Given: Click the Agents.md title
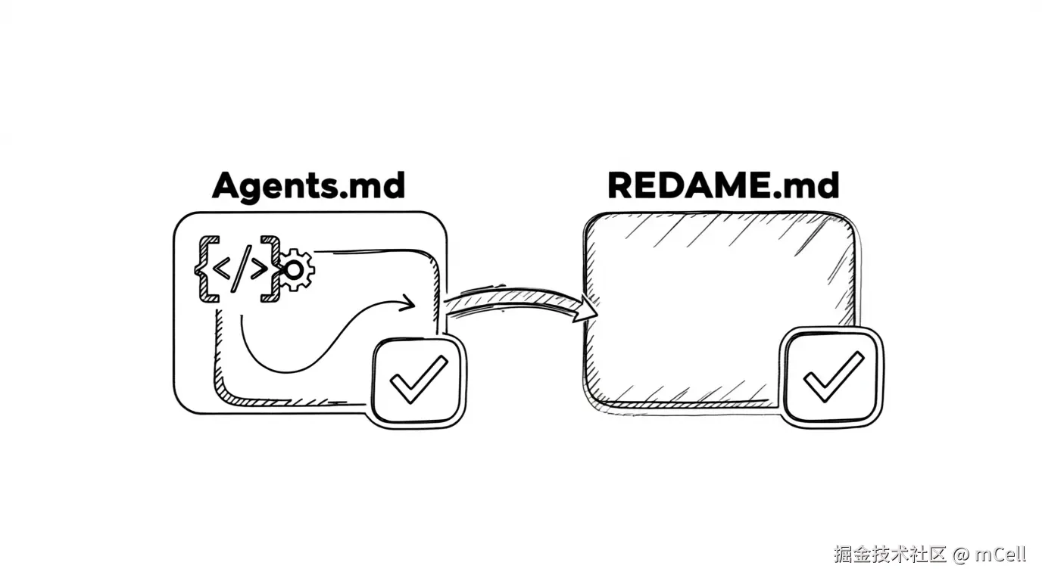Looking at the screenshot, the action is point(308,186).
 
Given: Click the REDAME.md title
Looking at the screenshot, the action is point(723,185).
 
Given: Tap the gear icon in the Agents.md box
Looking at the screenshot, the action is point(294,269).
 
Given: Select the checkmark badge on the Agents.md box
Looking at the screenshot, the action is point(419,381).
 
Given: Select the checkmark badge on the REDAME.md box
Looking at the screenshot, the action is point(831,377).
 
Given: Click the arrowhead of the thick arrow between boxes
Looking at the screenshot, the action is point(585,309).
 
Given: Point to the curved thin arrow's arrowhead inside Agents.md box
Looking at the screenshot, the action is point(407,303).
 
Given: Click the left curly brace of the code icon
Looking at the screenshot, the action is point(207,269).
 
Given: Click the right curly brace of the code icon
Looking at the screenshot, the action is point(270,269).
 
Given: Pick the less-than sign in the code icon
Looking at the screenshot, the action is point(221,269).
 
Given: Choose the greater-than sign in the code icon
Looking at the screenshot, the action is point(259,269).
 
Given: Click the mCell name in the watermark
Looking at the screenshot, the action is point(1000,554).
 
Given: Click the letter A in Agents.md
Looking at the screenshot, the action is point(227,185).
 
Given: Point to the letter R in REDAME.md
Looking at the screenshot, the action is point(620,185).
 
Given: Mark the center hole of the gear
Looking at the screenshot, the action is point(294,270).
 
